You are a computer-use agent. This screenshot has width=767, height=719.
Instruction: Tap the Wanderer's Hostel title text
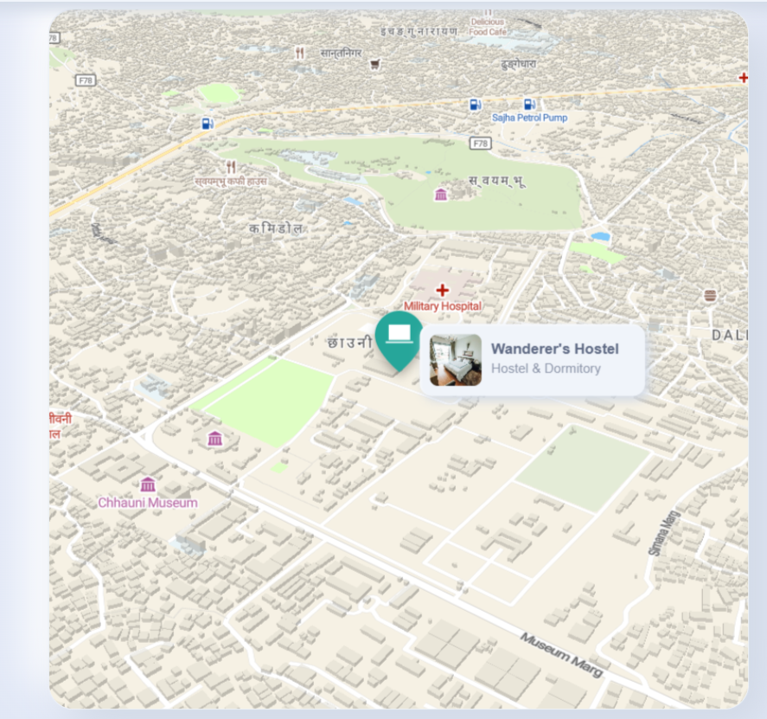pos(554,349)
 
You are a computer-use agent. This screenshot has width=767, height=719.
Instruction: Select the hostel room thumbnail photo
pos(455,360)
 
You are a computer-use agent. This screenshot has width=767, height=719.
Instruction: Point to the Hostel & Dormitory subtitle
pos(546,369)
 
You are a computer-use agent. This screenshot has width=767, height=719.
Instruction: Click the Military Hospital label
pos(443,306)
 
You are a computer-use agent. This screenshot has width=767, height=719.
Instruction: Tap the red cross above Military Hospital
pos(443,290)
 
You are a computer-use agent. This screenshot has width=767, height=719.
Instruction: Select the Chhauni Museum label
pos(147,503)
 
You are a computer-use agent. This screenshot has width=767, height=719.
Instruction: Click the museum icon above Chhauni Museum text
pos(148,485)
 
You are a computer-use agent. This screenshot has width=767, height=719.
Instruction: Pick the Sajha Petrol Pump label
pos(530,118)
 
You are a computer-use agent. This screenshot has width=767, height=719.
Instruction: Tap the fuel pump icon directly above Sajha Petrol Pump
pos(529,105)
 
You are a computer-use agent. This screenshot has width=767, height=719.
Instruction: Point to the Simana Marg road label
pos(664,531)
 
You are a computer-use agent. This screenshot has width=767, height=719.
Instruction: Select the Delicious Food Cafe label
pos(488,26)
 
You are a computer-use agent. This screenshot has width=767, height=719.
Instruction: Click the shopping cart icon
pos(374,64)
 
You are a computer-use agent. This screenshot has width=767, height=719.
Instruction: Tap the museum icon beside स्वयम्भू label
pos(441,194)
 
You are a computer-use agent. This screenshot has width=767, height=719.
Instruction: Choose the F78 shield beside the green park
pos(481,142)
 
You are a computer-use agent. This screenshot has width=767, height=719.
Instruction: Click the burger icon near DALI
pos(710,296)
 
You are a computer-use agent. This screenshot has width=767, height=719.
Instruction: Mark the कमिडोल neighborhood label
pos(276,228)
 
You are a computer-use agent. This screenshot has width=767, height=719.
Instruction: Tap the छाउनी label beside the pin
pos(350,343)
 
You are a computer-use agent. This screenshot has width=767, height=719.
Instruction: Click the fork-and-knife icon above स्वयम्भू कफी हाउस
pos(231,166)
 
